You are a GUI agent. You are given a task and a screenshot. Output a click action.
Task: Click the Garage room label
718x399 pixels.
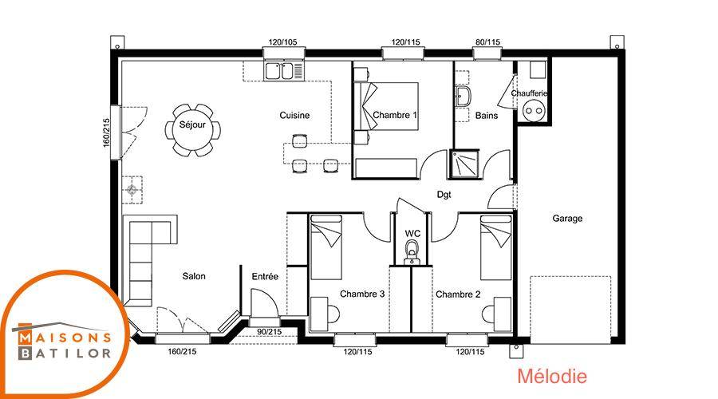point(567,219)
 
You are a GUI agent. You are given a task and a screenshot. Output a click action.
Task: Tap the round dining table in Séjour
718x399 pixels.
point(192,129)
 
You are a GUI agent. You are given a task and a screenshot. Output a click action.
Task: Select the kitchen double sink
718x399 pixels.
point(279,71)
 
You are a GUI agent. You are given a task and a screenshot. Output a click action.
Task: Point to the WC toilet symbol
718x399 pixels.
point(412,253)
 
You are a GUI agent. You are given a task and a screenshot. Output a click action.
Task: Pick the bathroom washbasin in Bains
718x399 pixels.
point(464,97)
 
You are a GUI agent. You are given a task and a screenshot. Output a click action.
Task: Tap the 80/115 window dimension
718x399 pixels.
point(487,42)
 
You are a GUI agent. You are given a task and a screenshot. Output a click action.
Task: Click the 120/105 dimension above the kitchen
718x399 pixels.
point(282,42)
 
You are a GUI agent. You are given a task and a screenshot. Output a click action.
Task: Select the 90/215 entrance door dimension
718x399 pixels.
point(270,332)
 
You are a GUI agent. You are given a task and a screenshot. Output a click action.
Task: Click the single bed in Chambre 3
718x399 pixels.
point(326,247)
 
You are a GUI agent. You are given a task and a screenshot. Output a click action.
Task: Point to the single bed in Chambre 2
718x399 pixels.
point(496,247)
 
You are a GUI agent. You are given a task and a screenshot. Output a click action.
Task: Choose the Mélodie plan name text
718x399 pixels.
point(552,376)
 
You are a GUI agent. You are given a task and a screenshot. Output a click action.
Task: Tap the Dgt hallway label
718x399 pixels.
point(444,195)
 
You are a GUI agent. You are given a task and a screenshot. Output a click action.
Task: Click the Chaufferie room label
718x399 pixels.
point(529,93)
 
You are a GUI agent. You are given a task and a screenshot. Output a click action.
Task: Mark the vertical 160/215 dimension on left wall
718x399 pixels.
point(106,132)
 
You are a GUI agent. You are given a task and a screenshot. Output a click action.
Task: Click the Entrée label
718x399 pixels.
point(265,277)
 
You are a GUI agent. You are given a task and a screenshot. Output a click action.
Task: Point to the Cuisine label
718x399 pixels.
point(294,116)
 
